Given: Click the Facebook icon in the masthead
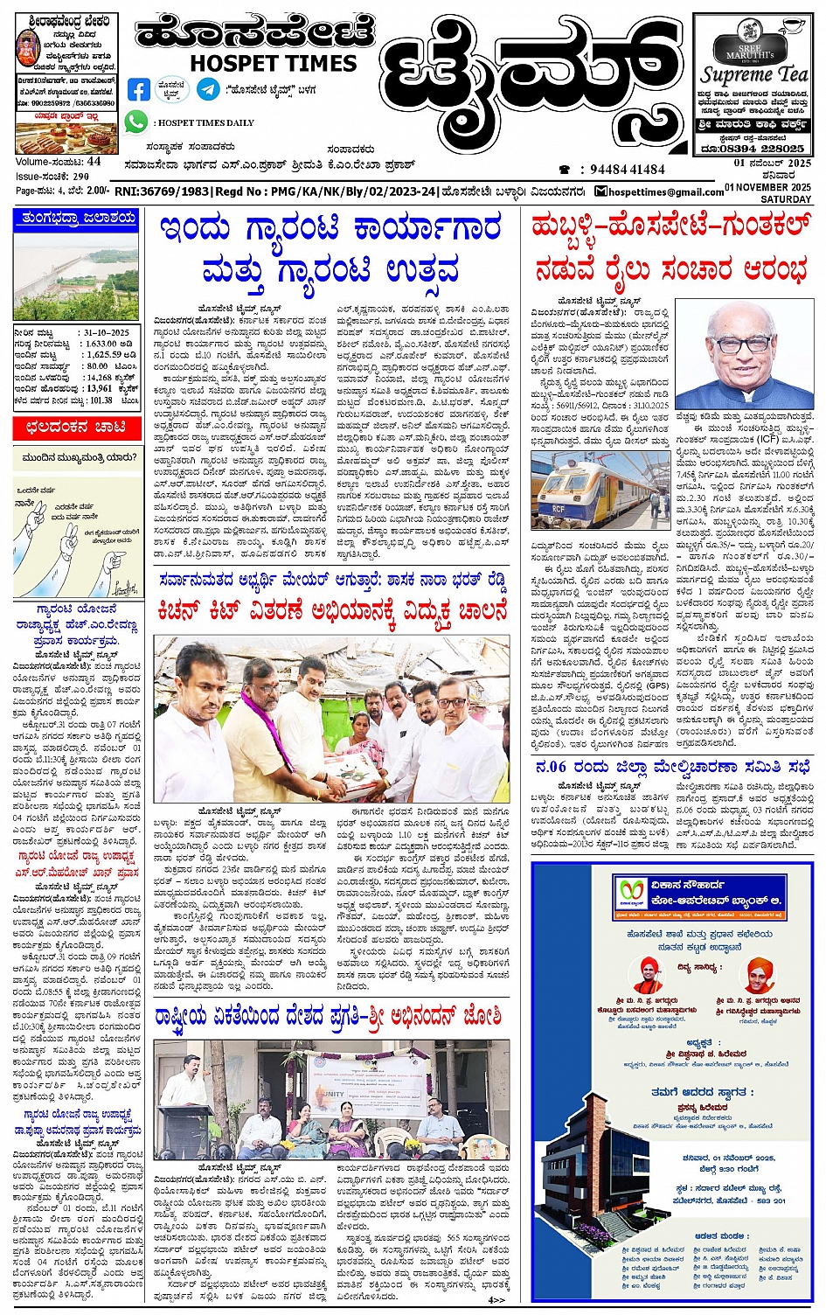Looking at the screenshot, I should [x=139, y=89].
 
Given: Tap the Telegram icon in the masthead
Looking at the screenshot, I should [x=208, y=88].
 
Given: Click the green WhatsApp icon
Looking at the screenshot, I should [x=135, y=122].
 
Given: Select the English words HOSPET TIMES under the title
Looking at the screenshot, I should [x=274, y=63].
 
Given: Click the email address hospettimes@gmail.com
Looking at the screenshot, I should [x=663, y=191].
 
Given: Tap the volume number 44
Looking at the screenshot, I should [x=94, y=162].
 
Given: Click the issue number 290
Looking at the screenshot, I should [x=81, y=177].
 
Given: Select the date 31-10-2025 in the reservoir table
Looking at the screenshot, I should [x=108, y=333].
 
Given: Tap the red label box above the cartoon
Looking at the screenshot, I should [x=75, y=428].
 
